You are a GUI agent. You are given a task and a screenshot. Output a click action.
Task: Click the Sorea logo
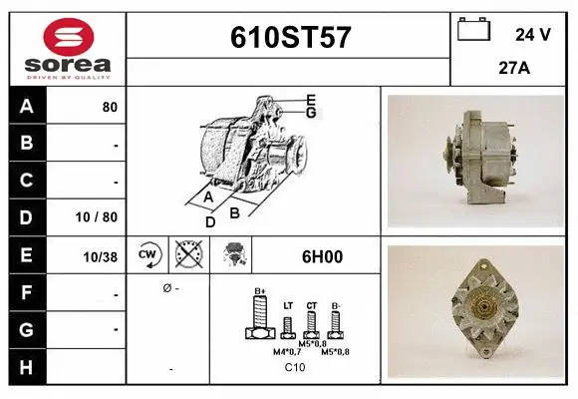point(68,48)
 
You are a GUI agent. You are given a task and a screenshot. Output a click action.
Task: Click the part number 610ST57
point(290,38)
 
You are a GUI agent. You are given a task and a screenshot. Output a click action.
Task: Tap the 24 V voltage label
point(531,35)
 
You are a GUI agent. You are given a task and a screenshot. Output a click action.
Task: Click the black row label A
point(27,107)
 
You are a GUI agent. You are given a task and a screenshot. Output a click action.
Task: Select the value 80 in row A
point(110,107)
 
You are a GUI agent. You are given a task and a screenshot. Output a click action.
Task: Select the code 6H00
point(321,256)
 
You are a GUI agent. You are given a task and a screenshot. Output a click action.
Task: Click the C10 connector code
point(295,368)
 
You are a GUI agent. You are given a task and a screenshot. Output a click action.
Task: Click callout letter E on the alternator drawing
point(311,99)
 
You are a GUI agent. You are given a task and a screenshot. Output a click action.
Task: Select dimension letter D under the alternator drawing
point(210,222)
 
